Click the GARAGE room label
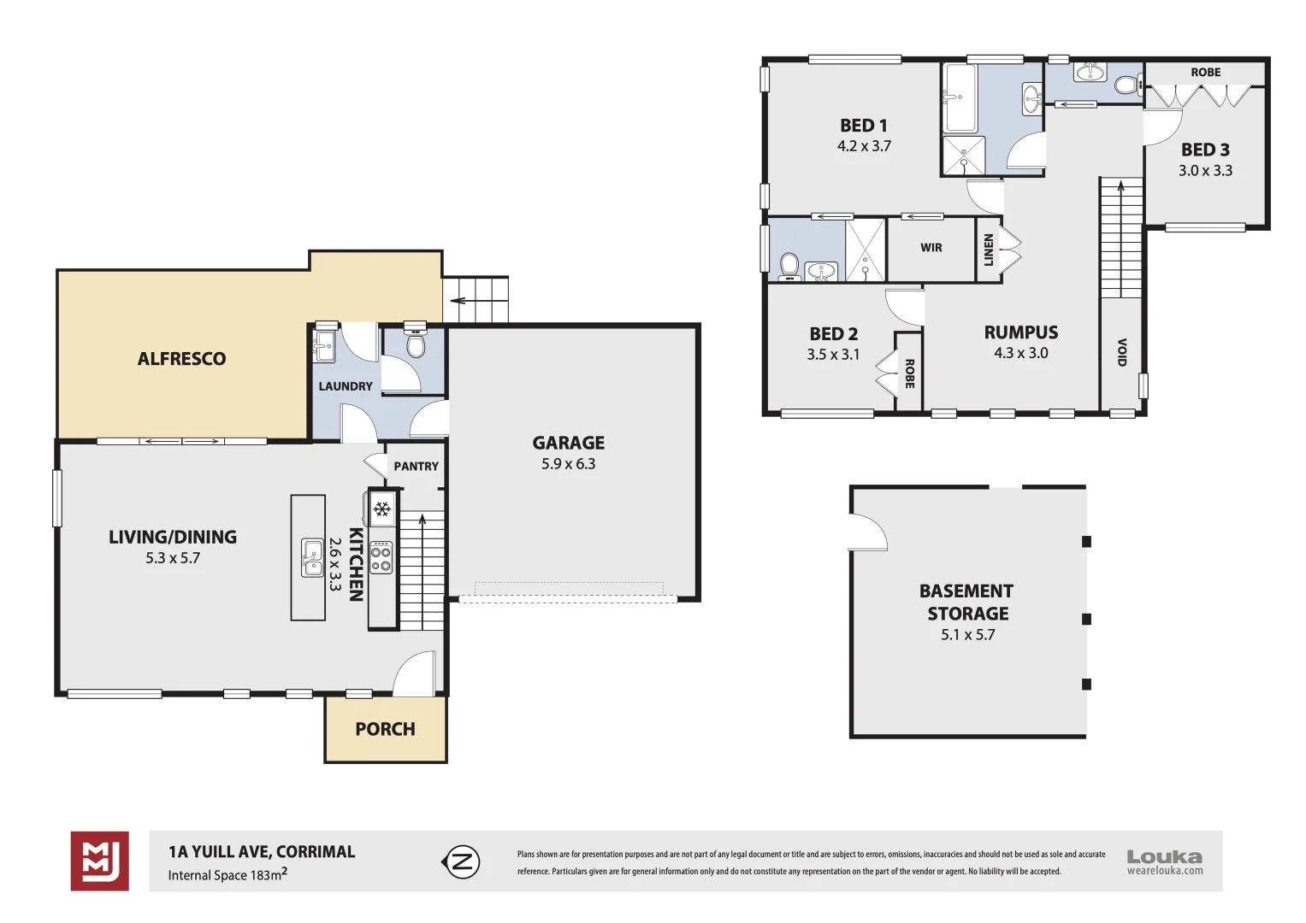(568, 443)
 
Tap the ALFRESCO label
(181, 359)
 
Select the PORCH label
(385, 729)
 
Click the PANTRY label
(416, 467)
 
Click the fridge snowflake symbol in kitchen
(381, 509)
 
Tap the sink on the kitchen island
(312, 558)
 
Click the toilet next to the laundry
(416, 344)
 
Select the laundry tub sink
(325, 344)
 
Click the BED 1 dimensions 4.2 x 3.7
(864, 146)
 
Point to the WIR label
(931, 248)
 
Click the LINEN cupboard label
(989, 250)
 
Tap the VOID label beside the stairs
(1121, 351)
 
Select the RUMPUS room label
(1020, 332)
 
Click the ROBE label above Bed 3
(1205, 73)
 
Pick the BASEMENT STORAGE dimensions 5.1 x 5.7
(967, 635)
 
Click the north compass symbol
(462, 861)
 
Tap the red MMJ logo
(100, 861)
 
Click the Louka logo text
(1164, 856)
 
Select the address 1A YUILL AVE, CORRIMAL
(262, 851)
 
